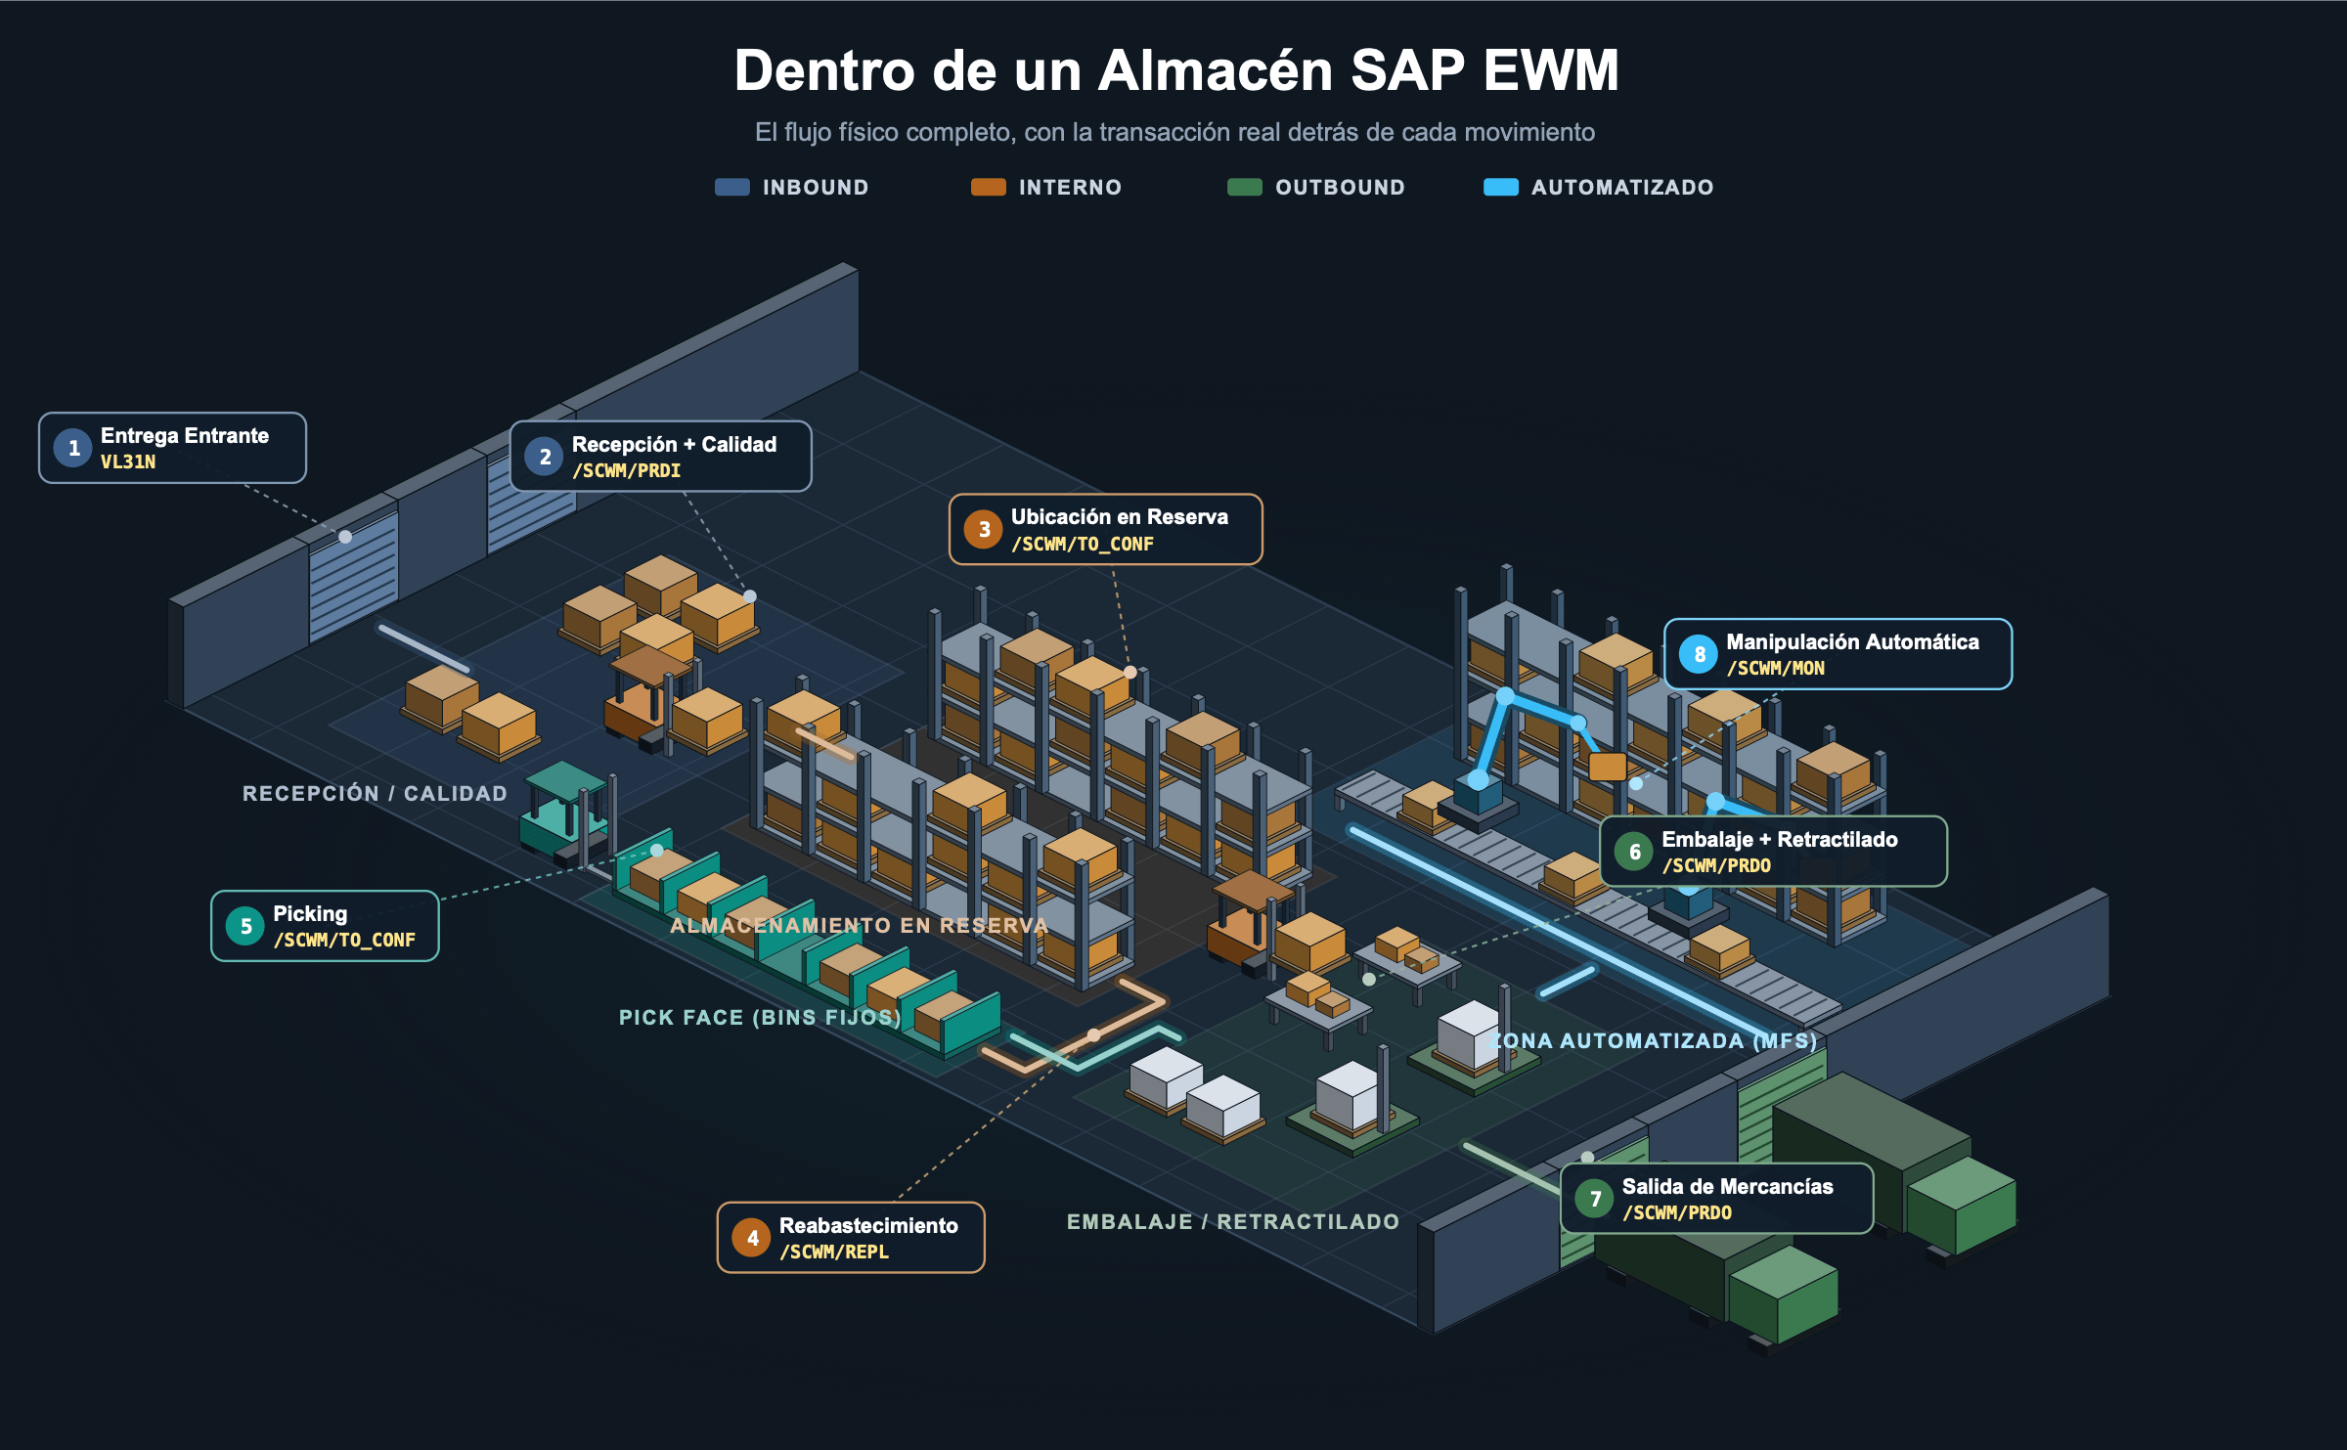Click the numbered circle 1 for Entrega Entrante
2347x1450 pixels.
[73, 449]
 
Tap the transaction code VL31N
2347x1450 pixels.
[128, 462]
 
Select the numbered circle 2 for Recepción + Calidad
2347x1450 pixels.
[545, 457]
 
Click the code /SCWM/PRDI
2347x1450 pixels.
[626, 471]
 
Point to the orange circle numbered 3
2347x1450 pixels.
[984, 530]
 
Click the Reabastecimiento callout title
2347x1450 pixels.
[868, 1226]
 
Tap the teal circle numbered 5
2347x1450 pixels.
[245, 927]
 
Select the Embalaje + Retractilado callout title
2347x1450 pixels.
[1780, 840]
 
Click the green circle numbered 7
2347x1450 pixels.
[1595, 1199]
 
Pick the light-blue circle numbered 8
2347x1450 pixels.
[1699, 655]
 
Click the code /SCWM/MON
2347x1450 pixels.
[1776, 669]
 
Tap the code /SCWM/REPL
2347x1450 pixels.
[834, 1252]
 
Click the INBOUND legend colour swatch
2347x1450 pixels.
[732, 188]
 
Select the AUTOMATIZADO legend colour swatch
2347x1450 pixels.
[1501, 188]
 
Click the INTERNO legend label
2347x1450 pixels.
[1071, 188]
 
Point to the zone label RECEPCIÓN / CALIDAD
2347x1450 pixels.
[376, 794]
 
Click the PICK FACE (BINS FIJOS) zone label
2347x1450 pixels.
[760, 1018]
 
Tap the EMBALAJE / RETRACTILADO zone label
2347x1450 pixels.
[1233, 1222]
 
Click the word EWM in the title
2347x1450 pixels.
[1551, 71]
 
